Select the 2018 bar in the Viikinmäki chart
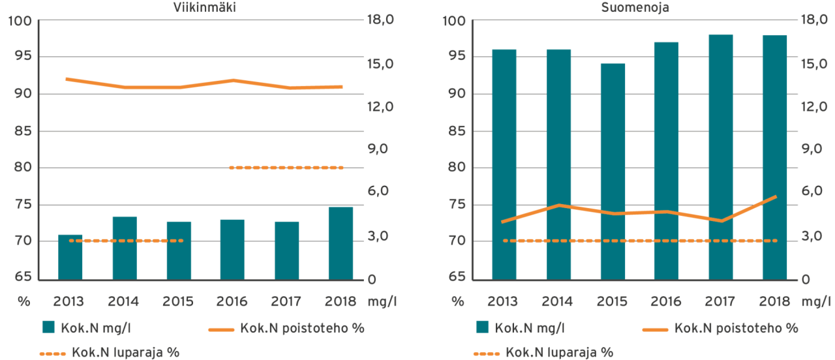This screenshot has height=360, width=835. click(x=340, y=243)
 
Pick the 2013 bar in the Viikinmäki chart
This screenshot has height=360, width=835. click(x=70, y=257)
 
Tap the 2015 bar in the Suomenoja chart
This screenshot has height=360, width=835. click(x=613, y=172)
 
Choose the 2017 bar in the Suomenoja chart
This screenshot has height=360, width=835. click(x=721, y=157)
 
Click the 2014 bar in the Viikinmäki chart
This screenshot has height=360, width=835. click(x=124, y=248)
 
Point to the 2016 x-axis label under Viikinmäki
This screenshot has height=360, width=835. click(x=232, y=301)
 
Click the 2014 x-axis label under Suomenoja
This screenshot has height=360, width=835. click(x=557, y=301)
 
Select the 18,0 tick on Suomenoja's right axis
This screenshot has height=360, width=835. click(x=814, y=21)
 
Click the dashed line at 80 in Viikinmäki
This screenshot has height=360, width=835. click(x=286, y=168)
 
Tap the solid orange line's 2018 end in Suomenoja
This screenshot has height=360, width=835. click(x=775, y=196)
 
